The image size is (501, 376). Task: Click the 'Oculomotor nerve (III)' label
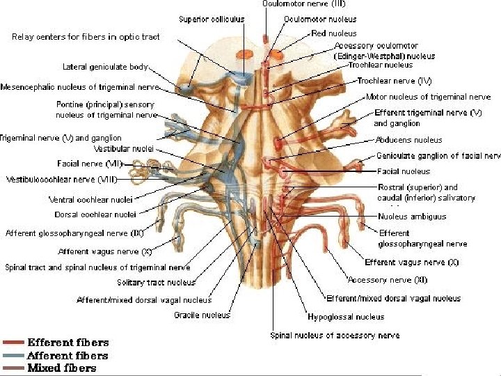click(296, 4)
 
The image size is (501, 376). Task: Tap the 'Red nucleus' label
click(334, 33)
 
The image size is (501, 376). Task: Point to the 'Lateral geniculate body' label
click(105, 68)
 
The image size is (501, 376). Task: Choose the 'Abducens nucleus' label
click(408, 140)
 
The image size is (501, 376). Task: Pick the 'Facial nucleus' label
click(404, 171)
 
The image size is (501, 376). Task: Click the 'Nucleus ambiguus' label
click(412, 217)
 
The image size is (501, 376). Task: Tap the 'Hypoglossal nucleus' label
click(346, 317)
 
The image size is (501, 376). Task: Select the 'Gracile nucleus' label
click(202, 315)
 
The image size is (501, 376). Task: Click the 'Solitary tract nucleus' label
click(156, 283)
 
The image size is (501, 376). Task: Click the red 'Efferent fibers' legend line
click(14, 343)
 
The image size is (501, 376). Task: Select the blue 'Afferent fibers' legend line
click(14, 355)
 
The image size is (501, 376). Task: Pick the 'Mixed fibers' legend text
click(61, 368)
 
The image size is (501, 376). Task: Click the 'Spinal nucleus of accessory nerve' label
click(335, 335)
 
